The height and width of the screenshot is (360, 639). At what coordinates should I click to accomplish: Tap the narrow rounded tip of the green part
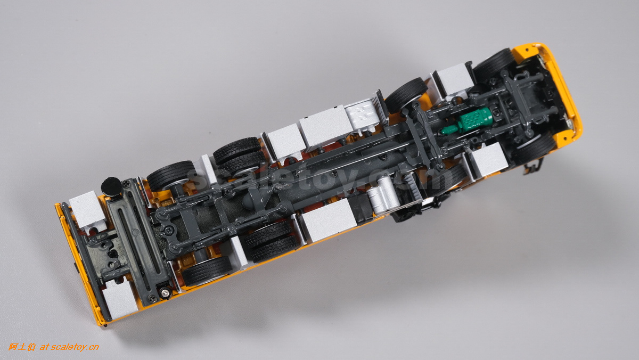coord(443,131)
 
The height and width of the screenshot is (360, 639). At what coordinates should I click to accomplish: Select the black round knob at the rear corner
coord(111,187)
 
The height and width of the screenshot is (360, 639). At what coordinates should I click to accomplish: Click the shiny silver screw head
coord(166,292)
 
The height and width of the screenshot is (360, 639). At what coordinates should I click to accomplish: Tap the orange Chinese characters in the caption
coord(22,347)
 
